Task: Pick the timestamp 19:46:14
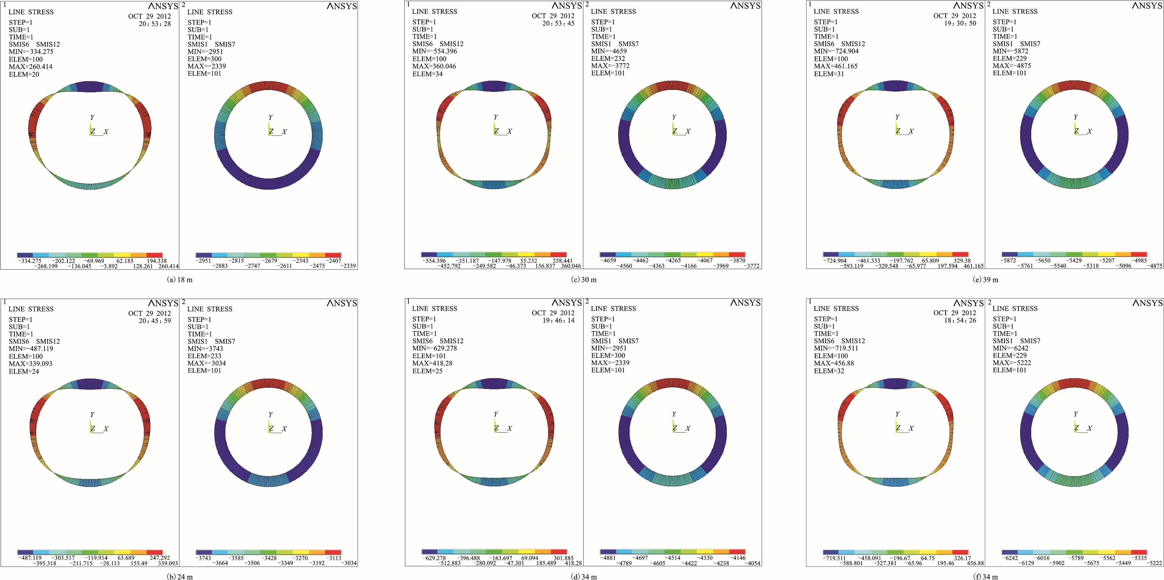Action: [558, 320]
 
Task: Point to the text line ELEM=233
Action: [204, 356]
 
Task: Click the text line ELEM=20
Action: [24, 74]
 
